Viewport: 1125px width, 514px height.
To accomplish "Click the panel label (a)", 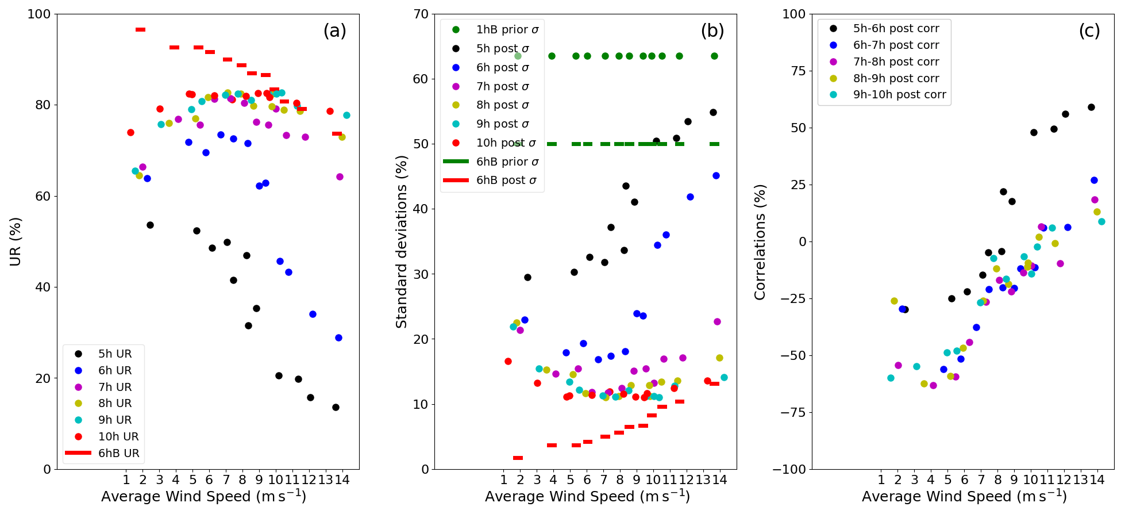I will tap(334, 31).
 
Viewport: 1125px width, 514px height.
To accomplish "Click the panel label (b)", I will tap(712, 31).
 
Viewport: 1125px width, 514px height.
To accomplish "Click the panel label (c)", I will tap(1089, 31).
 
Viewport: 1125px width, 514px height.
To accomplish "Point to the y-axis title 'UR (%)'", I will tap(16, 241).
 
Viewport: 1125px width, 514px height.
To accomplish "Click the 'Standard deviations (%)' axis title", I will tap(402, 241).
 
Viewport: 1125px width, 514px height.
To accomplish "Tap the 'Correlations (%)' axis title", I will tap(760, 241).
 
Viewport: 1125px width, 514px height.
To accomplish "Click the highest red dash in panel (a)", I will tap(140, 29).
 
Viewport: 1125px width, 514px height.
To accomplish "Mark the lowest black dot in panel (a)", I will tap(336, 407).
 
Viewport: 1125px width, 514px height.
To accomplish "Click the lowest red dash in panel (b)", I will tap(518, 458).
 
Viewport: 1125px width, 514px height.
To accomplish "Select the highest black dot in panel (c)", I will tap(1091, 107).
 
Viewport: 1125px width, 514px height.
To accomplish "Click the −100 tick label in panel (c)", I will tap(789, 469).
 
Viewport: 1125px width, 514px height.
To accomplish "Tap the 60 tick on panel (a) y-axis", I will tap(43, 196).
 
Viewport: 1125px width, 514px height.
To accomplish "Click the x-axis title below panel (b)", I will tap(587, 496).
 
